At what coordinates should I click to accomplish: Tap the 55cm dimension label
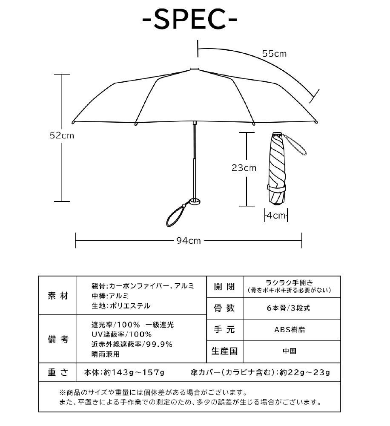(274, 54)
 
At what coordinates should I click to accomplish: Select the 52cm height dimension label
(62, 135)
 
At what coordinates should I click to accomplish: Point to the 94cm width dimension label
(189, 241)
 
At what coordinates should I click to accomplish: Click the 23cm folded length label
(244, 168)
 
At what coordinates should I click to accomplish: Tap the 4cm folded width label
(275, 216)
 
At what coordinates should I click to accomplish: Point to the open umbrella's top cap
(194, 68)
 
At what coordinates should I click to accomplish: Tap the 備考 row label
(57, 339)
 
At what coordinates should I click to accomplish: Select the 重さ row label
(57, 372)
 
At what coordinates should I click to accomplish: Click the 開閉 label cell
(224, 287)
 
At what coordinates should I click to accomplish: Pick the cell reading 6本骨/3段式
(292, 308)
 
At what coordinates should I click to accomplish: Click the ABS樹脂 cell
(292, 330)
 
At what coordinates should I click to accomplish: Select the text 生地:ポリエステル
(121, 306)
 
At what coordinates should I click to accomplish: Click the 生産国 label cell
(224, 351)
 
